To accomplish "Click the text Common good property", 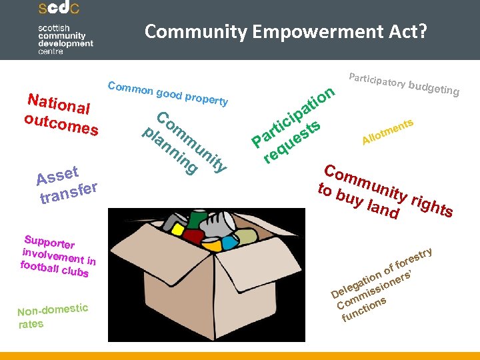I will pyautogui.click(x=167, y=93).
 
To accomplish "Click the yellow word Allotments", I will pyautogui.click(x=388, y=131).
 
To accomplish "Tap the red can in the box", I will pyautogui.click(x=193, y=235).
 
